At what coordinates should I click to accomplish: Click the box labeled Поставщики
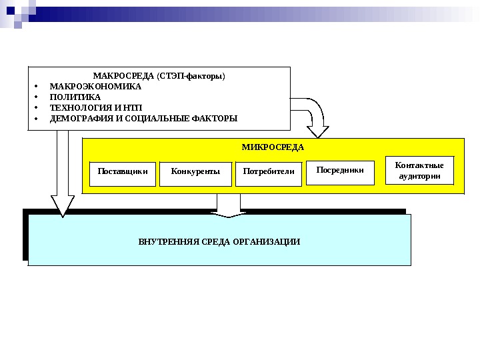coord(123,172)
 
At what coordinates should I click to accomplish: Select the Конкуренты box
coord(195,172)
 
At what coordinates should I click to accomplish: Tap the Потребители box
coord(269,172)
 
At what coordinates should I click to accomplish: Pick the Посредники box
coord(340,171)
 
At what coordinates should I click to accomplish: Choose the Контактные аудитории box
coord(419,170)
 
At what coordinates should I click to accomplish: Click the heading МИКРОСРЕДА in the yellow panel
coord(273,147)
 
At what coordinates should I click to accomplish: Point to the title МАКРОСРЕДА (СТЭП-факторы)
coord(159,75)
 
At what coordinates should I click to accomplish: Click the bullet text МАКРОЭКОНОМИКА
coord(96,86)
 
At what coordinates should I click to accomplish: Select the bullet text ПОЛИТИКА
coord(75,97)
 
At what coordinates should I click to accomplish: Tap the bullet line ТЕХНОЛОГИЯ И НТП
coord(96,108)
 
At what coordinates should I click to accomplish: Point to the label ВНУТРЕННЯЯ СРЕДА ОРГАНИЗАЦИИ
coord(219,241)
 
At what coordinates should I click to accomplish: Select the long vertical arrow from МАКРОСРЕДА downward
coord(63,173)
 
